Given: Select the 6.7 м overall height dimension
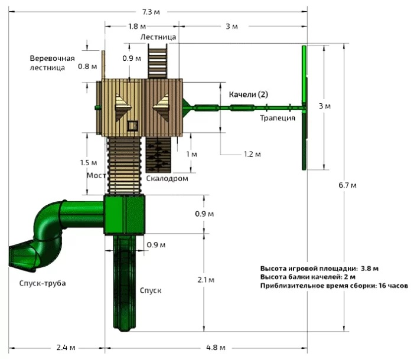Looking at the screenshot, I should click(347, 185).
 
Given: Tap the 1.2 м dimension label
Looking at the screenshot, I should click(252, 154).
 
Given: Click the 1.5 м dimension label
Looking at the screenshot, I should click(88, 163).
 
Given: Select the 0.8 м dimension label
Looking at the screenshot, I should click(87, 66).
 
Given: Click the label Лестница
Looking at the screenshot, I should click(158, 37).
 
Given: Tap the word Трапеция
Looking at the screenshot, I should click(278, 118).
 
